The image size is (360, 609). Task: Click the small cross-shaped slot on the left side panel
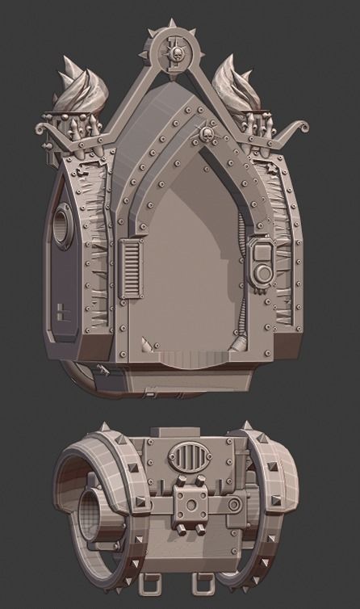64,311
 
